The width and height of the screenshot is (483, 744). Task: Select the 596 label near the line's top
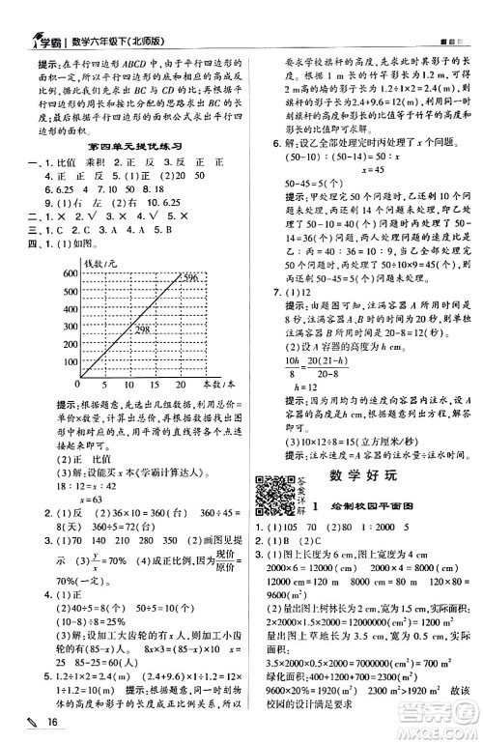point(188,280)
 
